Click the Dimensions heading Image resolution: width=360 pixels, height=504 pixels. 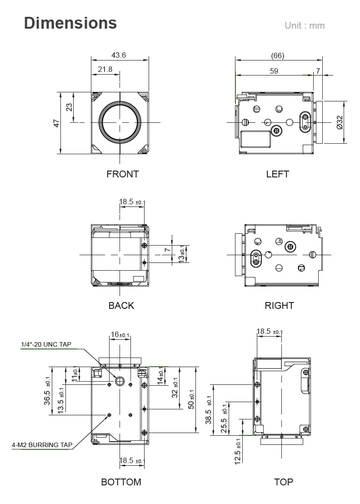tap(70, 23)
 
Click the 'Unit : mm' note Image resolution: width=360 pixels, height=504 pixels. tap(305, 25)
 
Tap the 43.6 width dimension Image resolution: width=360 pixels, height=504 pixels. tap(119, 55)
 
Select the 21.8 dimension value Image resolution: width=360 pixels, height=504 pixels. tap(105, 69)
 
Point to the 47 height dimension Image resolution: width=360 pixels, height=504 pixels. tap(57, 123)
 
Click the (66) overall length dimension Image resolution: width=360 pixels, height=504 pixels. tap(277, 55)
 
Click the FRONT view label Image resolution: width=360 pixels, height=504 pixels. tap(122, 174)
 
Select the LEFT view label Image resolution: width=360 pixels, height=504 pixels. tap(277, 174)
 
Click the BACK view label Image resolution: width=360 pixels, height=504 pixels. tap(121, 306)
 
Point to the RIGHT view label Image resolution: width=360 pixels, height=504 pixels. tap(279, 306)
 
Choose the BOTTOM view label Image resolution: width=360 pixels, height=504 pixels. tap(121, 482)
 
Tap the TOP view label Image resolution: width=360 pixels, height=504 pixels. tap(284, 482)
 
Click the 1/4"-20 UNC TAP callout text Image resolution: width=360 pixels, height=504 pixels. tap(46, 344)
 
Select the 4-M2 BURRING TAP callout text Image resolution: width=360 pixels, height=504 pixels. tap(42, 445)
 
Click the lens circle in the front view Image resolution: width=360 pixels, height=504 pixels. tap(120, 122)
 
